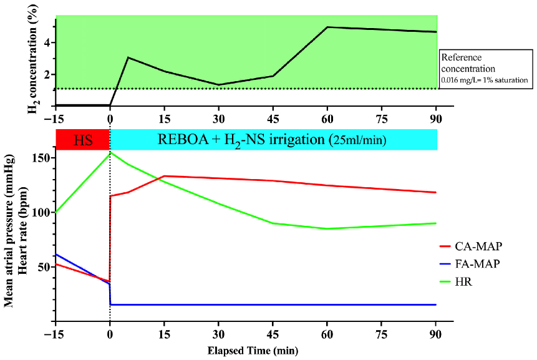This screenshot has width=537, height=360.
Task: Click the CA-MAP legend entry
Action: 479,246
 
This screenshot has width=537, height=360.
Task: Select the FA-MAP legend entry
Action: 479,264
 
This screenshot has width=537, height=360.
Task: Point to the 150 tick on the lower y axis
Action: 42,158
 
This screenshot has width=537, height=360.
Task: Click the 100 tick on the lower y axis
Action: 42,212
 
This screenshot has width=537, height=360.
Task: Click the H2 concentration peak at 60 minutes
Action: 327,27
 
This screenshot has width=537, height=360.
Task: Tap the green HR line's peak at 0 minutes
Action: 110,152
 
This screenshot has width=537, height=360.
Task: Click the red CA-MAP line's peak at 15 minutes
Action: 164,176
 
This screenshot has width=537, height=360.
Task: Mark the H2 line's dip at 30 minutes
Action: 219,85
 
